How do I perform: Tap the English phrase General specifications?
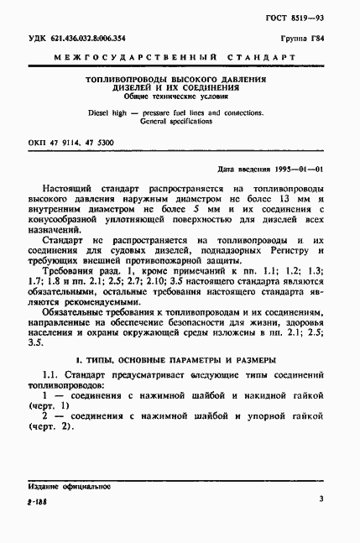pos(175,121)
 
